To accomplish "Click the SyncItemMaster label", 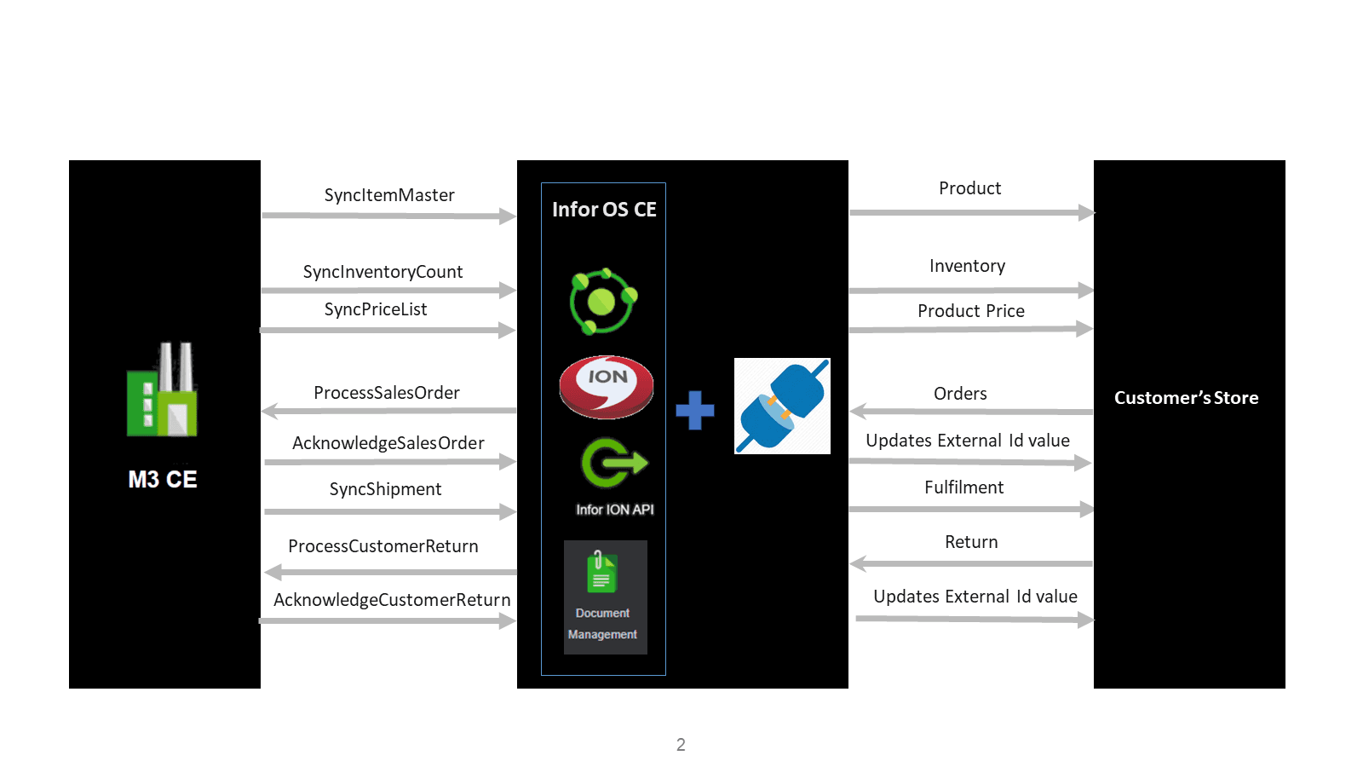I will [389, 195].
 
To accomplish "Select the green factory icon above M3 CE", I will [162, 390].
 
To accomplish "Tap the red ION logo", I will [606, 387].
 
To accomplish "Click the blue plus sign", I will [695, 410].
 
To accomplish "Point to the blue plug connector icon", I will [782, 406].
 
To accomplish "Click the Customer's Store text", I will [1186, 398].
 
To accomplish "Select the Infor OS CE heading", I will [604, 210].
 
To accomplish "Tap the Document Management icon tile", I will [605, 597].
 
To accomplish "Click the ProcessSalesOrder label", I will [387, 393].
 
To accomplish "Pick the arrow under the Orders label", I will [971, 412].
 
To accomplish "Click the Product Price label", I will [971, 311].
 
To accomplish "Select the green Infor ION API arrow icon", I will [613, 464].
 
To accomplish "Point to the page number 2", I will [681, 745].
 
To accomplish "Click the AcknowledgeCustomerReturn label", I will [392, 600].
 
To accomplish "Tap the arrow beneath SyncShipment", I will [389, 511].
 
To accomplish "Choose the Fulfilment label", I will [963, 487].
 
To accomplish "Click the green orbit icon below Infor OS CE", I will [603, 301].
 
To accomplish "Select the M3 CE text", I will [163, 480].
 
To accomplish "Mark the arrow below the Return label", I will [971, 563].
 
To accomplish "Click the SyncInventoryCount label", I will [382, 272].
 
